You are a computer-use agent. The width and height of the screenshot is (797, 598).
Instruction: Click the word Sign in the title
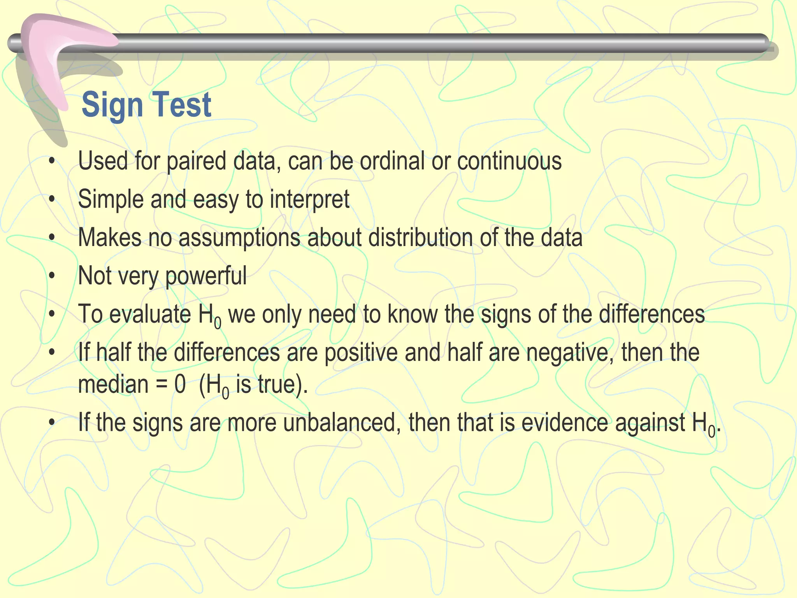112,105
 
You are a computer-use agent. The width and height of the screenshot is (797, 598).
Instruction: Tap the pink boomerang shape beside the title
51,58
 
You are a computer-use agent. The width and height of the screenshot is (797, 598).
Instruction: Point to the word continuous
509,161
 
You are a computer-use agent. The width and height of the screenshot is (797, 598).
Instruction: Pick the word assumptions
239,237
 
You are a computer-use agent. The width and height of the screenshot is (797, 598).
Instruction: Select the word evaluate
150,314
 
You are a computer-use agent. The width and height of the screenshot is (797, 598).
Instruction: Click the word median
113,384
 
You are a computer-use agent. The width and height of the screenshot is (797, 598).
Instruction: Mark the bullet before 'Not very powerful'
52,276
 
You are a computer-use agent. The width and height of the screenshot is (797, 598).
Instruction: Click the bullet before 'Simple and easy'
52,199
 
